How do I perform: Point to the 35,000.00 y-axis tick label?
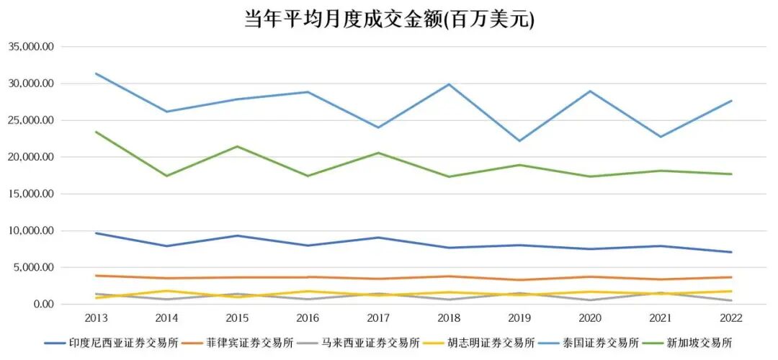[32, 47]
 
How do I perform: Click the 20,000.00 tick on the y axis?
[32, 157]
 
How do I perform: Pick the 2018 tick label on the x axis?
[450, 317]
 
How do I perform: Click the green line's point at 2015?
[237, 146]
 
